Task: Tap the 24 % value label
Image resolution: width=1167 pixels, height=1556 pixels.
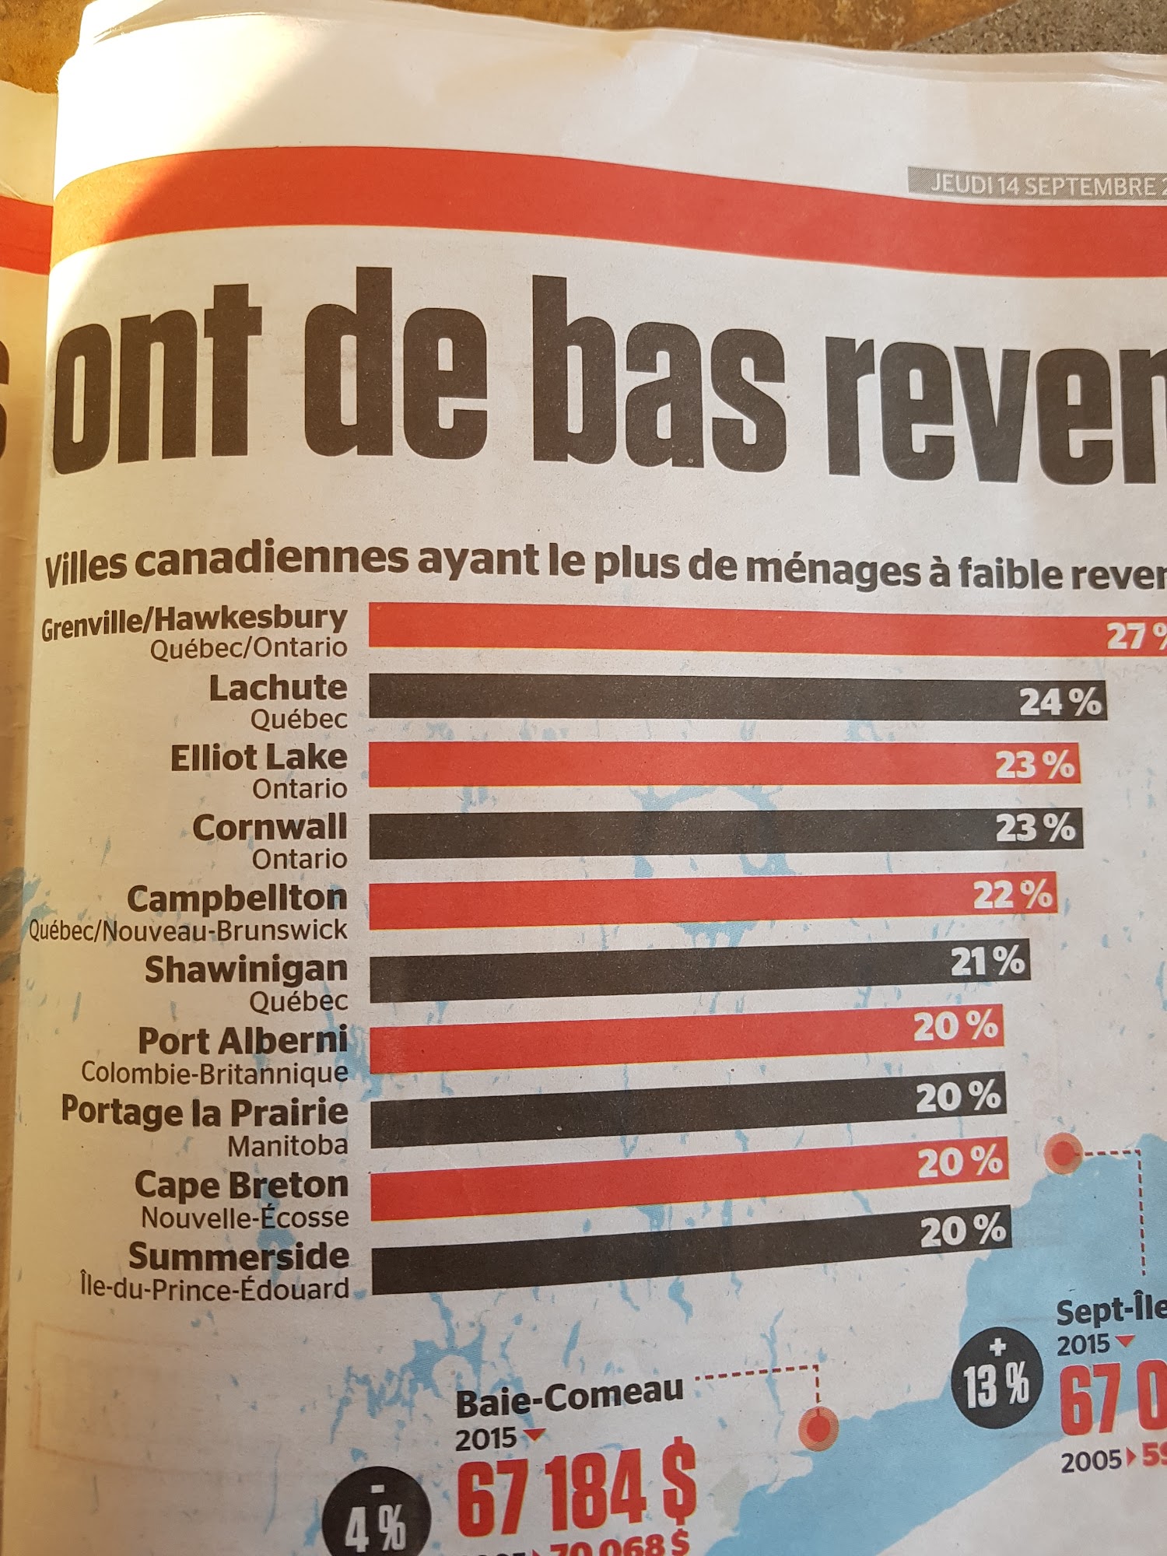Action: click(1060, 702)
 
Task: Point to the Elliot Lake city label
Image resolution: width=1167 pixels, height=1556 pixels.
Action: click(258, 758)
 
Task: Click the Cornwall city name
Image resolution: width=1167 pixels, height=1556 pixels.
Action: click(269, 828)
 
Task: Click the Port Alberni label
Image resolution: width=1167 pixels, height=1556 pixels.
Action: click(243, 1041)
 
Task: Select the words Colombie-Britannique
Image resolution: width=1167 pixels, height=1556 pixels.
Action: click(215, 1074)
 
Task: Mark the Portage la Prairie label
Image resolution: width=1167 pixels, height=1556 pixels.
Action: click(205, 1111)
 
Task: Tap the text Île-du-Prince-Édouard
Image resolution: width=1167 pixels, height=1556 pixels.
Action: click(215, 1289)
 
